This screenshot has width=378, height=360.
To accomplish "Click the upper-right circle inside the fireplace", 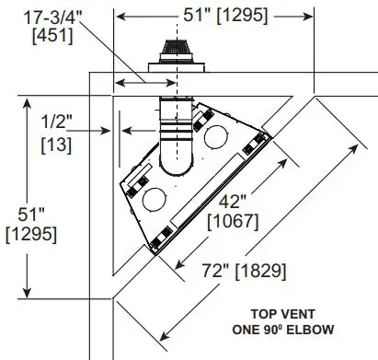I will [218, 136].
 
